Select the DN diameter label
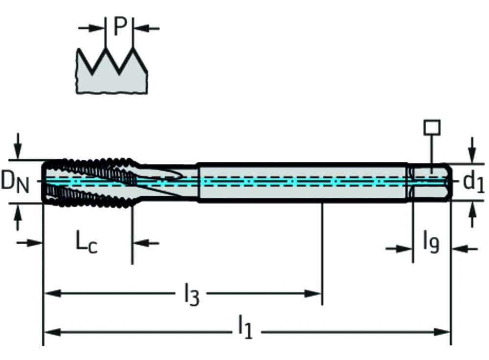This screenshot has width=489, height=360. coord(15,182)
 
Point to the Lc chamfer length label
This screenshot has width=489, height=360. coord(87,242)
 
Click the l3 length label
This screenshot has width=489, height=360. coord(191,294)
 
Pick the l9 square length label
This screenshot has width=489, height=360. coord(431,242)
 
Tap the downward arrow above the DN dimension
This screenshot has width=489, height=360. coord(18,148)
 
